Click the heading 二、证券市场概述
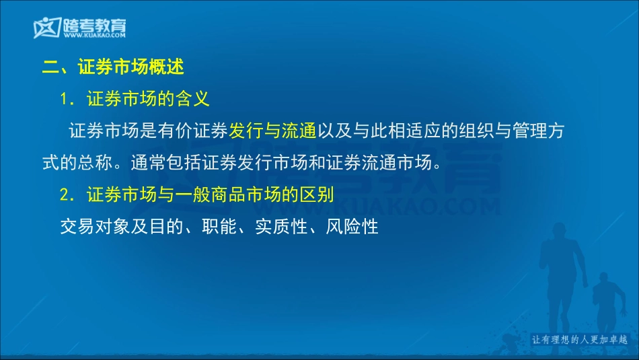113,67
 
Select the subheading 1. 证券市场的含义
135,100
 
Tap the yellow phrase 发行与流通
272,131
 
